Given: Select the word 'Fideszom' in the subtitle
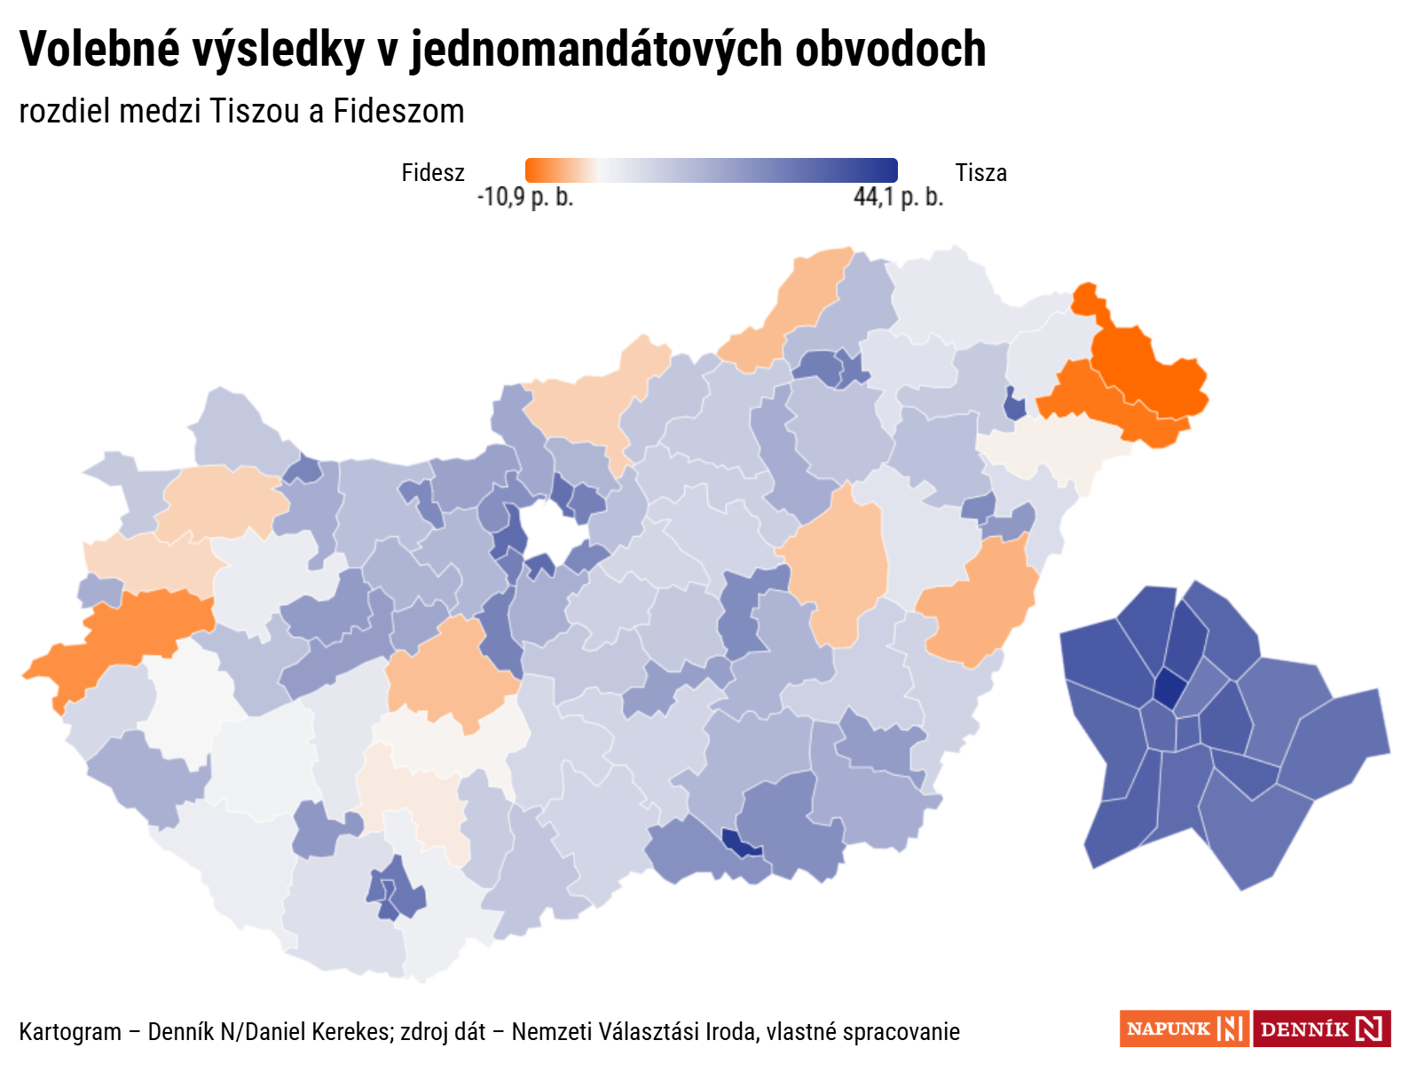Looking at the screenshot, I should point(398,112).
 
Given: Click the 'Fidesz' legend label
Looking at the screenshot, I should point(433,172).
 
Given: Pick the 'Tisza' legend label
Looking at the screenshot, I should point(980,172).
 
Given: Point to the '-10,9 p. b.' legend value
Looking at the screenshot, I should point(525,197).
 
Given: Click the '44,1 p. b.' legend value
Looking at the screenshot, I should point(898,197).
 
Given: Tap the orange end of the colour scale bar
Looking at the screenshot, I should point(536,170).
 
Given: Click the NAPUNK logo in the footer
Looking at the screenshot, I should point(1184,1029).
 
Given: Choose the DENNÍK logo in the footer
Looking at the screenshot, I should point(1321,1029).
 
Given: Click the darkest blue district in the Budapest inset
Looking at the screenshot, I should point(1169,689).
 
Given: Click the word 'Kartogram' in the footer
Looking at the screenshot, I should point(70,1032).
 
